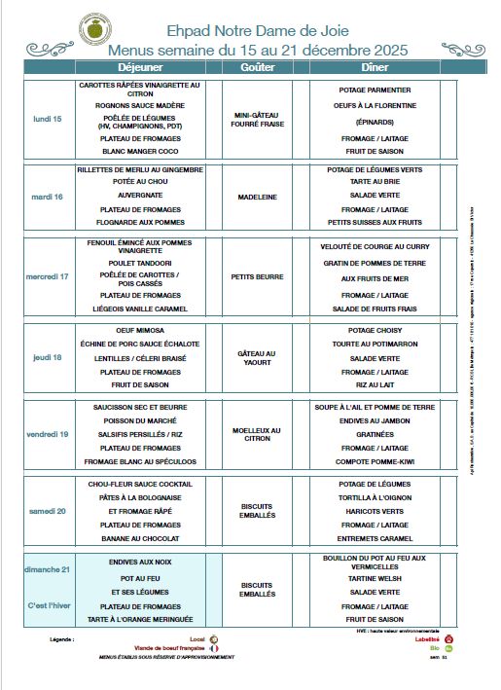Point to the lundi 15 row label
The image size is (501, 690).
[x=47, y=119]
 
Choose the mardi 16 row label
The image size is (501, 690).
[x=47, y=197]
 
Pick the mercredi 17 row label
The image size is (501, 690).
[x=47, y=276]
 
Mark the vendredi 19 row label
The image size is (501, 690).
[x=47, y=434]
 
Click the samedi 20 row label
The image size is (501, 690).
[x=47, y=511]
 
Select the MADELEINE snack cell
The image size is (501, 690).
[x=257, y=197]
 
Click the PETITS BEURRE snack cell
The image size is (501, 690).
[x=257, y=276]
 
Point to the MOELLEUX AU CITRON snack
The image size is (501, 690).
[x=257, y=434]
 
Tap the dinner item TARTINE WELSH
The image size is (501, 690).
[x=375, y=577]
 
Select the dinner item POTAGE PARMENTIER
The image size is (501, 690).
[x=375, y=90]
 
